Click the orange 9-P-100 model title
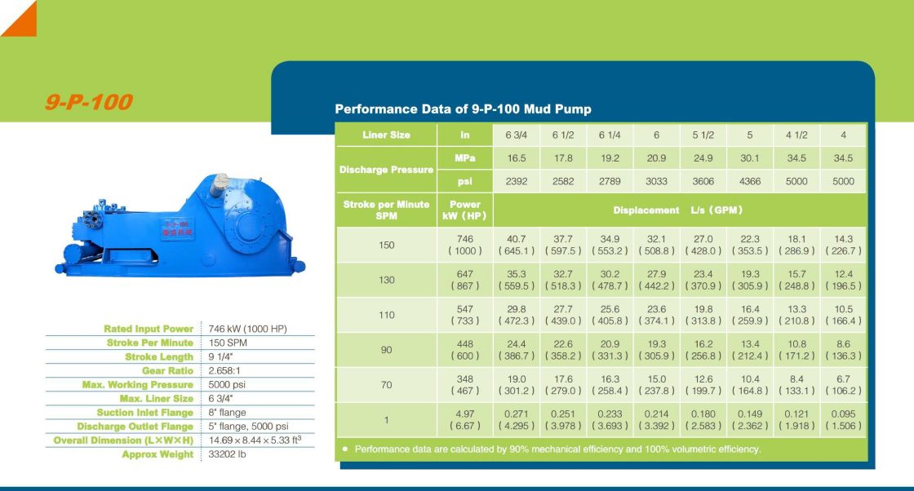89,103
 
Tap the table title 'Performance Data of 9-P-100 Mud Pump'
463,109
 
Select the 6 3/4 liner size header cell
517,135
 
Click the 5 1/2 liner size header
703,135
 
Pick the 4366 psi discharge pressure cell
750,181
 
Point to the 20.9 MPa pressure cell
656,158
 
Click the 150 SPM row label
387,245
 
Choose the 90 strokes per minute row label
387,350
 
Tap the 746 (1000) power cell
465,245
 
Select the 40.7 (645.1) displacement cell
517,245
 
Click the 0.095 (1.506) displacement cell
844,420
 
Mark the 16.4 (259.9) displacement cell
750,315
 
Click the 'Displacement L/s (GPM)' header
677,210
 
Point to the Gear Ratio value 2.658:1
224,371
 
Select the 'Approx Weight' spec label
158,455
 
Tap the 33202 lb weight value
227,454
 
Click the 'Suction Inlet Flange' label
144,413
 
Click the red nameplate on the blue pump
177,228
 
